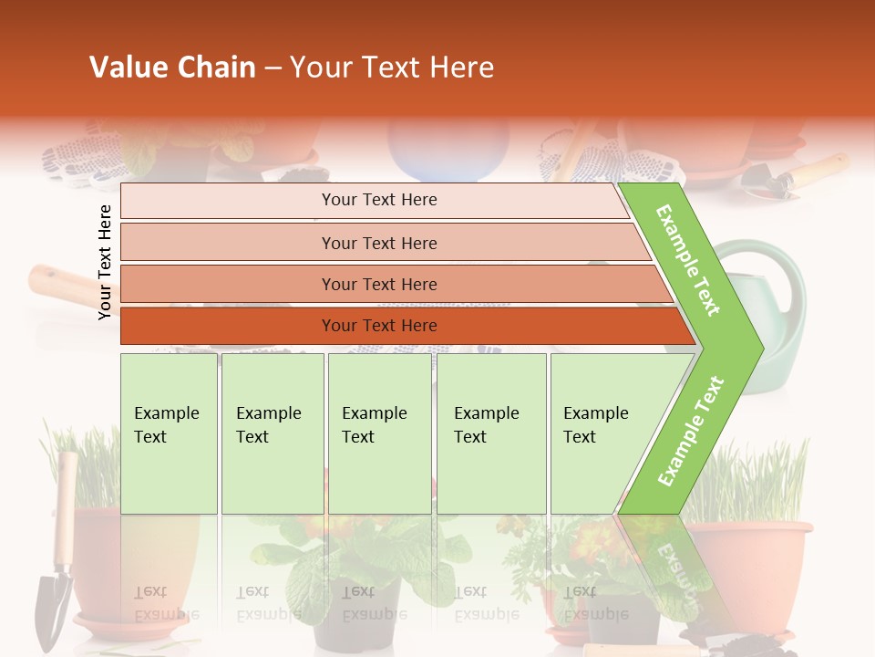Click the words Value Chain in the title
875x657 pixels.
click(x=172, y=68)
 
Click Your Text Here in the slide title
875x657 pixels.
click(x=392, y=68)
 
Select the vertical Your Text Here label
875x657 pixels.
click(x=105, y=262)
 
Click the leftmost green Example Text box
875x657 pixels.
click(x=169, y=433)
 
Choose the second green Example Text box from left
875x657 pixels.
click(x=273, y=433)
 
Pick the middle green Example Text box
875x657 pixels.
click(x=379, y=433)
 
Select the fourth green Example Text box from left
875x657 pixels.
click(x=491, y=433)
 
